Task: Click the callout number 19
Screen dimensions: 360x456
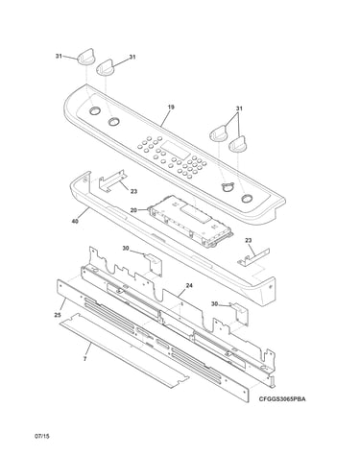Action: tap(171, 107)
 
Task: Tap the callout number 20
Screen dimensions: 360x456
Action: tap(133, 210)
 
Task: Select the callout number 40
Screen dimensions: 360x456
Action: tap(75, 221)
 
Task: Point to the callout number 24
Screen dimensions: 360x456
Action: tap(189, 285)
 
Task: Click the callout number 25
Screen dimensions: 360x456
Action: tap(58, 315)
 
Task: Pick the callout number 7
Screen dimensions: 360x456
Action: tap(84, 359)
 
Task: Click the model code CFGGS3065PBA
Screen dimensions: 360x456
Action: tap(282, 399)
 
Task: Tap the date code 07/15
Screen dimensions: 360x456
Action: tap(42, 436)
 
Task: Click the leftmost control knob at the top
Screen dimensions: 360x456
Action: tap(85, 58)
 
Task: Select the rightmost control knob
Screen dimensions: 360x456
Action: tap(237, 144)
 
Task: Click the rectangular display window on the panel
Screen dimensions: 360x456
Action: tap(176, 150)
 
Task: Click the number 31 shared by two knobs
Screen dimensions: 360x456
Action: tap(239, 108)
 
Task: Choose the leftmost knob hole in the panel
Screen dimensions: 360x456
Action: tap(94, 110)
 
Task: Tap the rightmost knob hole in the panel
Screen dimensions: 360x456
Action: tap(247, 198)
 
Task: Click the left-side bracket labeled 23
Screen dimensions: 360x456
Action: tap(112, 180)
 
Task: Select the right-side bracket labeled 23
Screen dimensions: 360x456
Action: tap(253, 257)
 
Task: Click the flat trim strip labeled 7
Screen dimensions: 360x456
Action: tap(124, 350)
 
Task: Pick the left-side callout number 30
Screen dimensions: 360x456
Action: tap(126, 248)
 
